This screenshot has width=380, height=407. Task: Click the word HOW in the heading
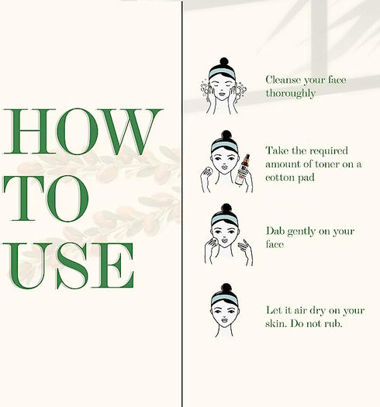(x=83, y=132)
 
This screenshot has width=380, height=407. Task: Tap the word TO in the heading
(x=46, y=198)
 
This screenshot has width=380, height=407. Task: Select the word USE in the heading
(x=69, y=266)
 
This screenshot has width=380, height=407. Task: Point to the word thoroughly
(x=291, y=94)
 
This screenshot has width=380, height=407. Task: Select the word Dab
(x=275, y=231)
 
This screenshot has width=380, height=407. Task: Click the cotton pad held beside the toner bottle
(x=208, y=171)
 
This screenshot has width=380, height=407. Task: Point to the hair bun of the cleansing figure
(x=224, y=62)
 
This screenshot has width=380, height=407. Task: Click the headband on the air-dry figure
(x=225, y=299)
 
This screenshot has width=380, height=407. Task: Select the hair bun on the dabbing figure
(x=226, y=208)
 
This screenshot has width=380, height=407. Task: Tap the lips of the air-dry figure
(x=225, y=319)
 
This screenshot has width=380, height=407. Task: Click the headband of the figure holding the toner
(x=225, y=147)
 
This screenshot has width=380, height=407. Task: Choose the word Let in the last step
(x=274, y=310)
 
